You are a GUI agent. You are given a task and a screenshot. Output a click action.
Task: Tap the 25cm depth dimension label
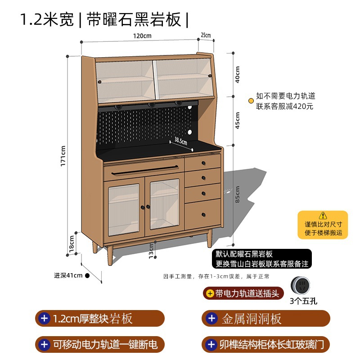coord(206,35)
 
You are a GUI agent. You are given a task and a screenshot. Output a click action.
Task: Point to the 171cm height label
coord(63,156)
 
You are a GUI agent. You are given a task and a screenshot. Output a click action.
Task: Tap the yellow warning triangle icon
coord(323,216)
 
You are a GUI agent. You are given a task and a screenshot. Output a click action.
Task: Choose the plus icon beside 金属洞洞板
coord(211,319)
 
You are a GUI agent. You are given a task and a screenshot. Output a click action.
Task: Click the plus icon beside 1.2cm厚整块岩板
coord(45,319)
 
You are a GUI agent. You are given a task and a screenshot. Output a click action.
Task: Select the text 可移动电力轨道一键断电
coord(105,345)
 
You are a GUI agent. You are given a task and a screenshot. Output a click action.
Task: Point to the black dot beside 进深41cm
coord(87,275)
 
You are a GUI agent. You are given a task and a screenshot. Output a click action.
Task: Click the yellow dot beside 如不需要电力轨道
coord(251,101)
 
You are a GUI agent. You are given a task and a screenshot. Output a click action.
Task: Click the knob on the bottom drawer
coord(203,214)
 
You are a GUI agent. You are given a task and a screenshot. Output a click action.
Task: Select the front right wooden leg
coord(209,238)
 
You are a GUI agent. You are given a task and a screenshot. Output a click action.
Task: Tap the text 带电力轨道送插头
coord(247,294)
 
